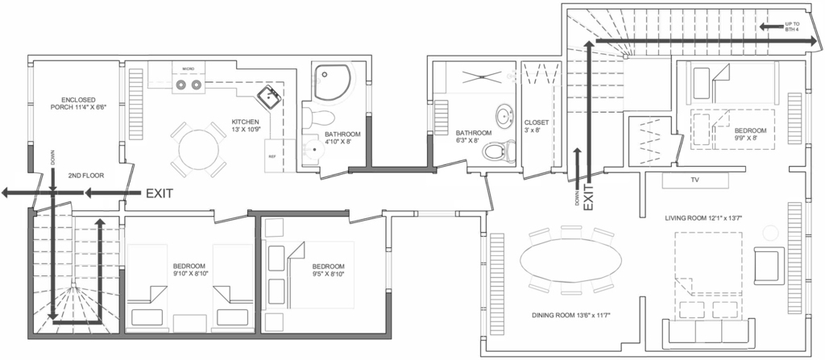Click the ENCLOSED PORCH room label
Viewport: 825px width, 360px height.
click(78, 103)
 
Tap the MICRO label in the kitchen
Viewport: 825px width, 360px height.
click(189, 69)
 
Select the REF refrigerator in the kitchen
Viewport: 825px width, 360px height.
click(272, 155)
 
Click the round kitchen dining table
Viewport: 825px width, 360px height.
click(198, 150)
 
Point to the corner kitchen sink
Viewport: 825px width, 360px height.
click(270, 97)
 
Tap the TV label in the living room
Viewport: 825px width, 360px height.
click(695, 180)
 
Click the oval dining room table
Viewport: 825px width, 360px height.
click(571, 259)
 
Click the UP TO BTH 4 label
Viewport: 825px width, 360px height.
click(792, 27)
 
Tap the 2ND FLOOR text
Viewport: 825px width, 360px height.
click(85, 176)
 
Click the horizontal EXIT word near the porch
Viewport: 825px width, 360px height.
click(160, 193)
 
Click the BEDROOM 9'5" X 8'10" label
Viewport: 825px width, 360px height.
click(328, 270)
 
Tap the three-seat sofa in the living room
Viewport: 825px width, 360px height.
click(708, 330)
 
